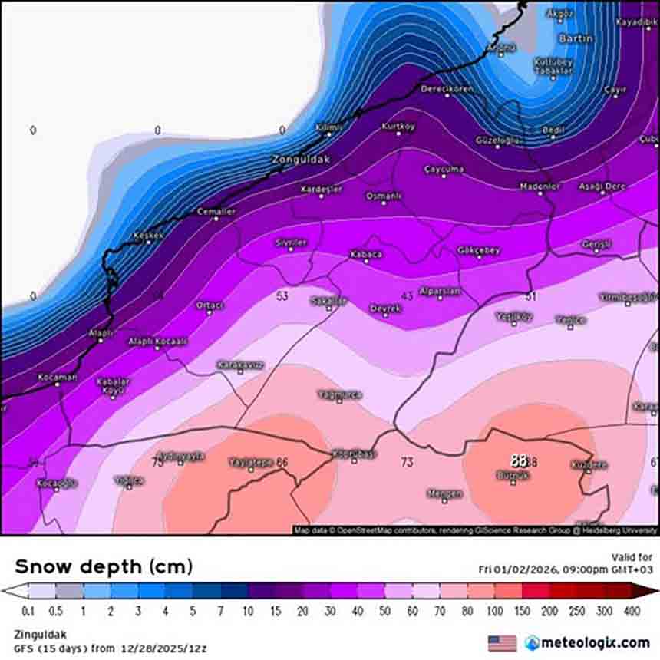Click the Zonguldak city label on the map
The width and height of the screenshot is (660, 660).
pyautogui.click(x=301, y=160)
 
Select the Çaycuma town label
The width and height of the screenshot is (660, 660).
pyautogui.click(x=444, y=169)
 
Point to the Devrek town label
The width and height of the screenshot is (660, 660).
pyautogui.click(x=385, y=308)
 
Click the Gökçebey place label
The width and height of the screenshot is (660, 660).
pyautogui.click(x=478, y=251)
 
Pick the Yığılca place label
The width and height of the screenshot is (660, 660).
pyautogui.click(x=129, y=480)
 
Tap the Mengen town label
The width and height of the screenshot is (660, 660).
pyautogui.click(x=444, y=493)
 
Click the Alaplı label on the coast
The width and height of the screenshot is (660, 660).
pyautogui.click(x=101, y=332)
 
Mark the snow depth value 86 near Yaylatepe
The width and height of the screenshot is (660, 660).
pyautogui.click(x=282, y=462)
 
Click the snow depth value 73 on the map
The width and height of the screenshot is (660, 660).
pyautogui.click(x=407, y=462)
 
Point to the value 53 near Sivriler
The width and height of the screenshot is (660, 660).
pyautogui.click(x=282, y=295)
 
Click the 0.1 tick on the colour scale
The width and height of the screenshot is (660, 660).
pyautogui.click(x=28, y=610)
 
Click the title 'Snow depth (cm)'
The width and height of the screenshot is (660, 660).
pyautogui.click(x=104, y=567)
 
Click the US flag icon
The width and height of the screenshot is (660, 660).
pyautogui.click(x=502, y=642)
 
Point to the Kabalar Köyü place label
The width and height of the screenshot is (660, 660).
pyautogui.click(x=113, y=385)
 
